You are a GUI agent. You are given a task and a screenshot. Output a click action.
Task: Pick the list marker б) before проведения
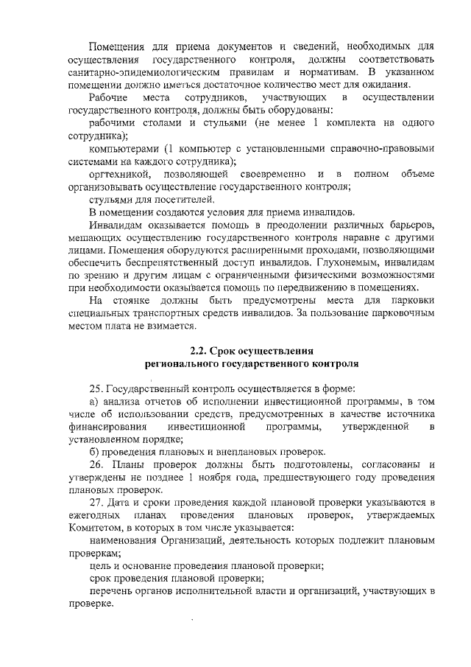pos(94,451)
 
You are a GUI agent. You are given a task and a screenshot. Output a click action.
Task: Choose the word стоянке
pos(132,300)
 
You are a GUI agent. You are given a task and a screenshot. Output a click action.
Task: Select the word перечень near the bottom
pos(110,591)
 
